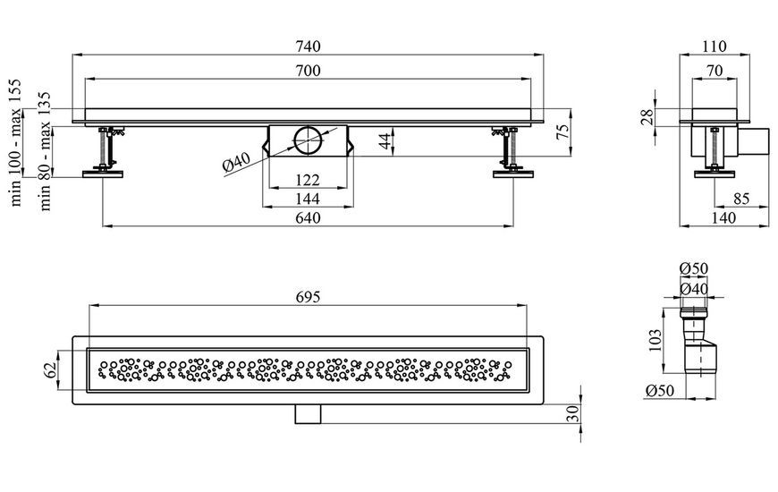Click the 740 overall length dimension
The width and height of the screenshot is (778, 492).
coord(309,47)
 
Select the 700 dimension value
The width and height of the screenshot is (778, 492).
coord(309,71)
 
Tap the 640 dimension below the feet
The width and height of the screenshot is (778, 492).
coord(309,218)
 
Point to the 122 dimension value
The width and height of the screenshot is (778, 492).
coord(309,180)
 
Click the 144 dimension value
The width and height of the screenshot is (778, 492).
coord(309,199)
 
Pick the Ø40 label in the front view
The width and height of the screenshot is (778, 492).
coord(237,162)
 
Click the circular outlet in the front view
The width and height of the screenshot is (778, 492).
coord(308,141)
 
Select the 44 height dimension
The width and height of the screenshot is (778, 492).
coord(386,141)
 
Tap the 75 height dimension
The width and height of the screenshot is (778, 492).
coord(563,132)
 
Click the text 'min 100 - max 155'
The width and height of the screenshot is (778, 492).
coord(16,142)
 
